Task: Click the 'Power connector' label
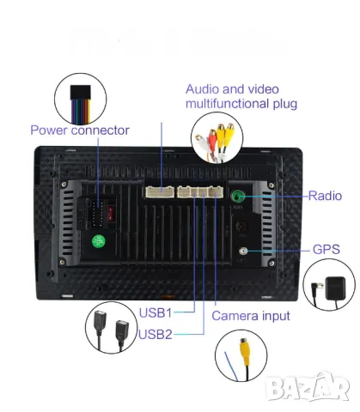79,130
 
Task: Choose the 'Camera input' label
250,315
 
